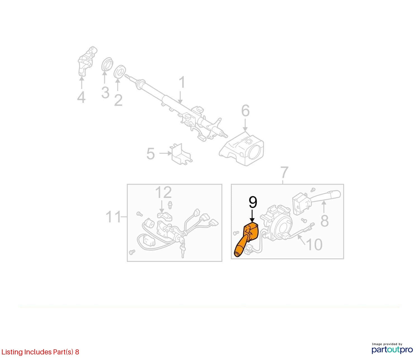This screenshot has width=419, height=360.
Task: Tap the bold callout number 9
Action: pyautogui.click(x=253, y=202)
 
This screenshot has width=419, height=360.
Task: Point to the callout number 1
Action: pyautogui.click(x=182, y=82)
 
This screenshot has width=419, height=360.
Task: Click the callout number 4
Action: pyautogui.click(x=81, y=97)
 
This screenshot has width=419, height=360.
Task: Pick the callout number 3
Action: pyautogui.click(x=105, y=93)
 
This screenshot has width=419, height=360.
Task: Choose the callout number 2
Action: pyautogui.click(x=118, y=100)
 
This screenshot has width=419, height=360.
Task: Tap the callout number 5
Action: pyautogui.click(x=151, y=154)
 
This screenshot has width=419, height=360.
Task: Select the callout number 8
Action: pyautogui.click(x=324, y=221)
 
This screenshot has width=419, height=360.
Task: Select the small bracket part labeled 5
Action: pyautogui.click(x=181, y=154)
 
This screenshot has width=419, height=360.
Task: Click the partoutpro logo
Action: pyautogui.click(x=392, y=350)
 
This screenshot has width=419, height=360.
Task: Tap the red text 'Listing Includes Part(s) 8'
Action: pyautogui.click(x=40, y=352)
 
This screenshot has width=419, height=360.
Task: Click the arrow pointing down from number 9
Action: pyautogui.click(x=252, y=216)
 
